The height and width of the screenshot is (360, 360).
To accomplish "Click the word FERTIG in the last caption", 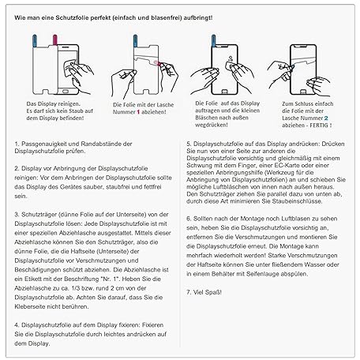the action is (x=319, y=126).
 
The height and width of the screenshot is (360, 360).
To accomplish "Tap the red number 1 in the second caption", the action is (x=138, y=112).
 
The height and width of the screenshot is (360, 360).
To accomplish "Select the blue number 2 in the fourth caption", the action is (x=326, y=118).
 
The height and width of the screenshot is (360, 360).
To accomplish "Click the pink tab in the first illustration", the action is (x=55, y=40).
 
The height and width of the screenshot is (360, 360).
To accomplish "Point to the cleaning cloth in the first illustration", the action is (x=70, y=67).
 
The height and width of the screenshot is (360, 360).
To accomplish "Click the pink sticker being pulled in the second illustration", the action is (x=156, y=62).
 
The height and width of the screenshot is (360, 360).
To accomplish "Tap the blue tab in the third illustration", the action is (x=213, y=40).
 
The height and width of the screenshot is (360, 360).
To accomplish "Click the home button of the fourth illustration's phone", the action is (x=303, y=91).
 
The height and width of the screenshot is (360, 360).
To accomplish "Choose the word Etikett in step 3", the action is (x=32, y=279).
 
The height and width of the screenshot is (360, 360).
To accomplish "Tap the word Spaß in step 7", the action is (x=214, y=292).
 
